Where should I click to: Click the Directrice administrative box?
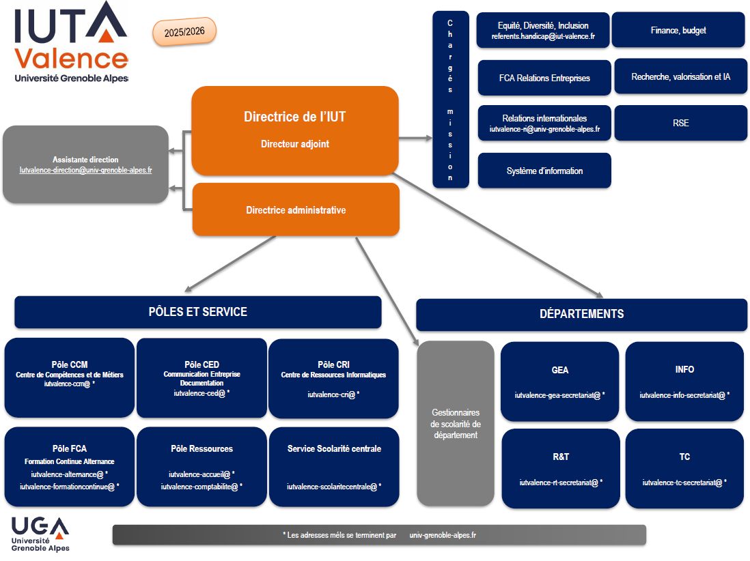(x=296, y=210)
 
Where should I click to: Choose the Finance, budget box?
(x=678, y=30)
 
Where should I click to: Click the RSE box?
(x=680, y=123)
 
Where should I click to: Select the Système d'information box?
(x=544, y=171)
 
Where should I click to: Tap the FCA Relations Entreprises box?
(x=544, y=78)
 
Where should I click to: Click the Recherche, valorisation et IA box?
(x=680, y=76)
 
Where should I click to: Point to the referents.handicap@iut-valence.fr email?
(x=543, y=36)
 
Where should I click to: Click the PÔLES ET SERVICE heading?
(x=197, y=312)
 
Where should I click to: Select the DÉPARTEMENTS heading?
(x=581, y=314)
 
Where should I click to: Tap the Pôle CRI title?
(x=333, y=364)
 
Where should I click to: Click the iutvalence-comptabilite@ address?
(x=202, y=487)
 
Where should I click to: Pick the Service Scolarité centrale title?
(x=334, y=448)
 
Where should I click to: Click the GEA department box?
(x=559, y=382)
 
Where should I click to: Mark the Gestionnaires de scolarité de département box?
(x=456, y=423)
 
